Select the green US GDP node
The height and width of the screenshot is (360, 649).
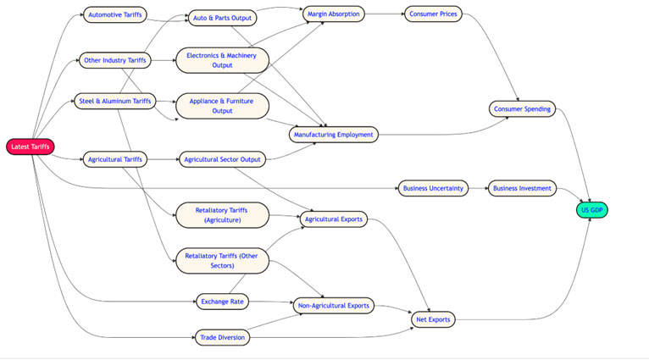[592, 209]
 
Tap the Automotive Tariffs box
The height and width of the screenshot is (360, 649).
[115, 14]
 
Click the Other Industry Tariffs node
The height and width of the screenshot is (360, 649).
[115, 59]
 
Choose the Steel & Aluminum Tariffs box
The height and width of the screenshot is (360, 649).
[115, 102]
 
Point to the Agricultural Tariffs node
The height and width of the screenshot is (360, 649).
[115, 158]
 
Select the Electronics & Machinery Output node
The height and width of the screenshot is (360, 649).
[222, 60]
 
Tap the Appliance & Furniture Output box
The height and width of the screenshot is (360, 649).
[222, 105]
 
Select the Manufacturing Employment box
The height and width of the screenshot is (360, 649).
[332, 134]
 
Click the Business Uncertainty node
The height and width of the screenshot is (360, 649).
[434, 188]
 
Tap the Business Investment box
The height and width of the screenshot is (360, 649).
[522, 188]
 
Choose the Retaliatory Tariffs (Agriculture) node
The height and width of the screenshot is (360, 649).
[222, 214]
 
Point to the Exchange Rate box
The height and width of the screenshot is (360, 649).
[222, 300]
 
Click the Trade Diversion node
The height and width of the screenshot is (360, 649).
[222, 337]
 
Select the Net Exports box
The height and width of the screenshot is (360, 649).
[434, 319]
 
